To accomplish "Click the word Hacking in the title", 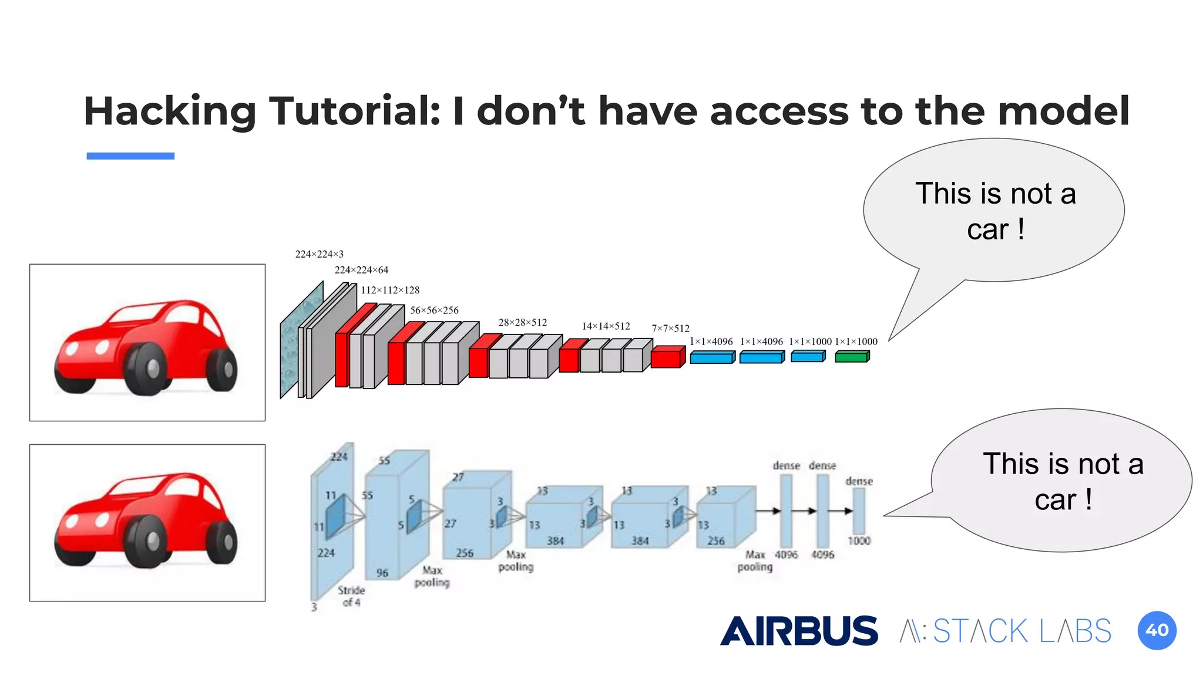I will (x=170, y=111).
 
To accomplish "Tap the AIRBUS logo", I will (x=799, y=631).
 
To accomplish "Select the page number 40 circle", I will (x=1157, y=630).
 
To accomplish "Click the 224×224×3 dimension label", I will (x=319, y=254).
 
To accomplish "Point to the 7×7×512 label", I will (x=670, y=329).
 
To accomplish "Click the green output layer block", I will (x=852, y=356).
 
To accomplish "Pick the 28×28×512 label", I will (x=522, y=323).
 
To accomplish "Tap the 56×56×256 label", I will (x=434, y=310).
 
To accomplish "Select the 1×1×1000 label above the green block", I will (x=856, y=342).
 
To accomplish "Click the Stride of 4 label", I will (x=351, y=596).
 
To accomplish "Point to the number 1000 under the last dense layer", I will (x=859, y=540).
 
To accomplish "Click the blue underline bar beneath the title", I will (x=130, y=156).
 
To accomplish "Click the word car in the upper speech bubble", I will (x=987, y=229).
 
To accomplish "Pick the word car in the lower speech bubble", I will (x=1055, y=500).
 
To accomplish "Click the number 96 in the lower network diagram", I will (x=382, y=573).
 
